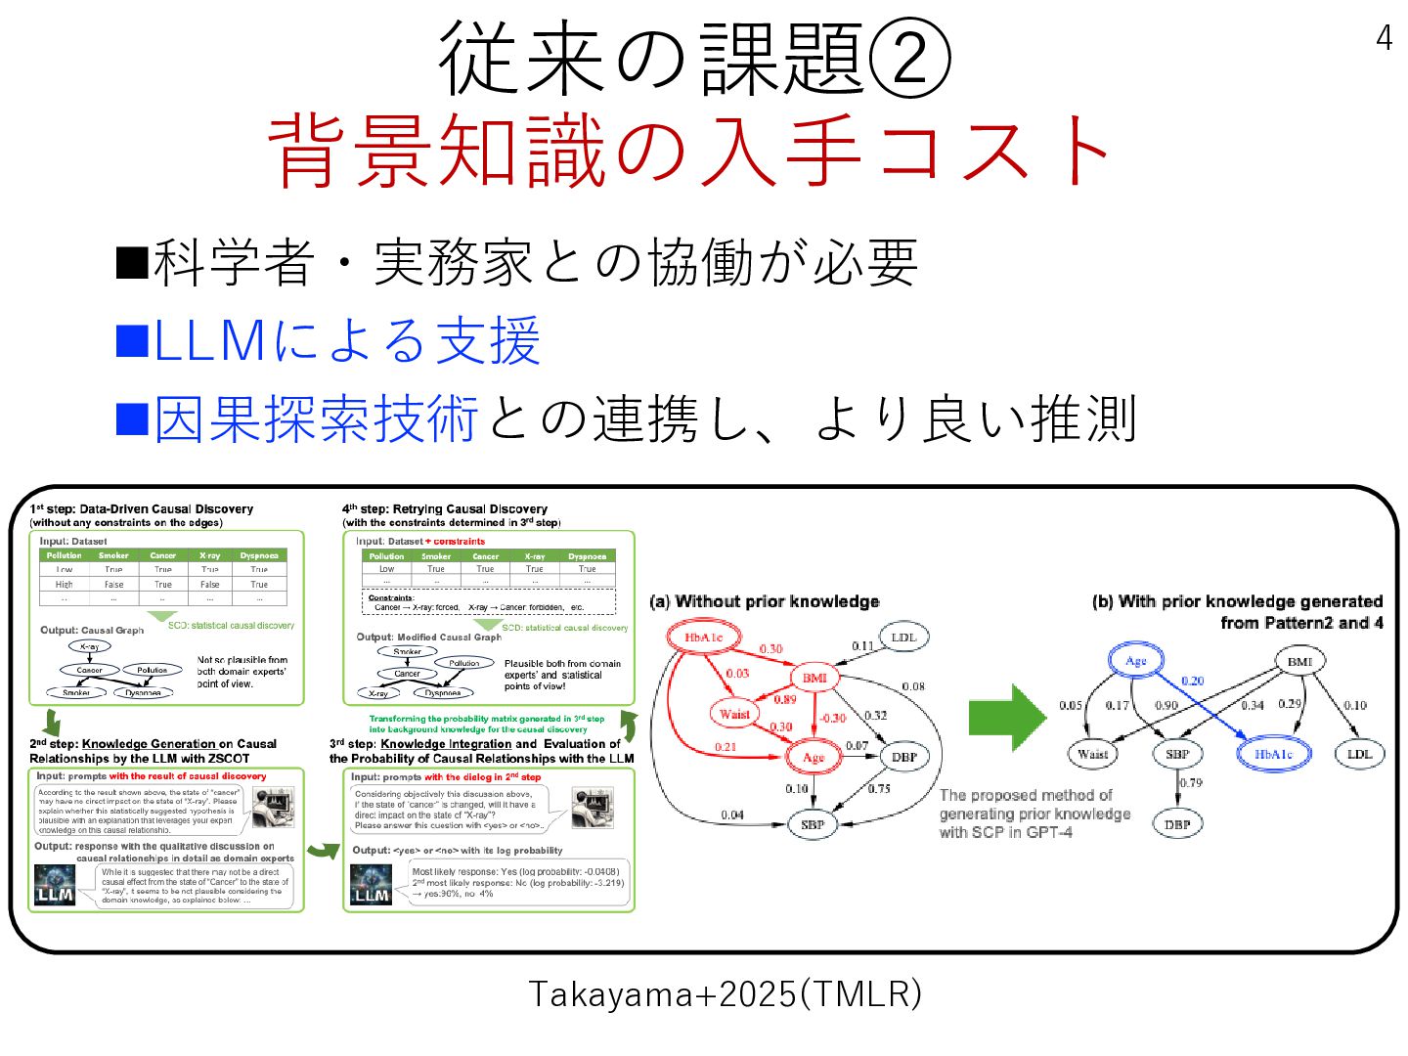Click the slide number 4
coord(1384,38)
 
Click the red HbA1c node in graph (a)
coord(703,638)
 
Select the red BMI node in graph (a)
coord(814,678)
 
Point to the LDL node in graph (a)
coord(903,638)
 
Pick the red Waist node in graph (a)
coord(734,714)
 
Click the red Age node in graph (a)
coord(814,757)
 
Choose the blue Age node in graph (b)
coord(1135,661)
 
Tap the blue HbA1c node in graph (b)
coord(1273,754)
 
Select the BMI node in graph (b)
coord(1299,662)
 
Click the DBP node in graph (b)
coord(1177,824)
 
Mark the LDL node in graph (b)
coord(1359,754)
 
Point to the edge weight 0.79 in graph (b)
coord(1191,783)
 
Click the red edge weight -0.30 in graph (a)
coord(832,718)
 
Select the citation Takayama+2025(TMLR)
coord(725,994)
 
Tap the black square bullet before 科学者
coord(132,262)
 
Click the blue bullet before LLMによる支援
coord(132,340)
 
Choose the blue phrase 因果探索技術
coord(316,418)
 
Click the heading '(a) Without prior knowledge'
coord(764,601)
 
